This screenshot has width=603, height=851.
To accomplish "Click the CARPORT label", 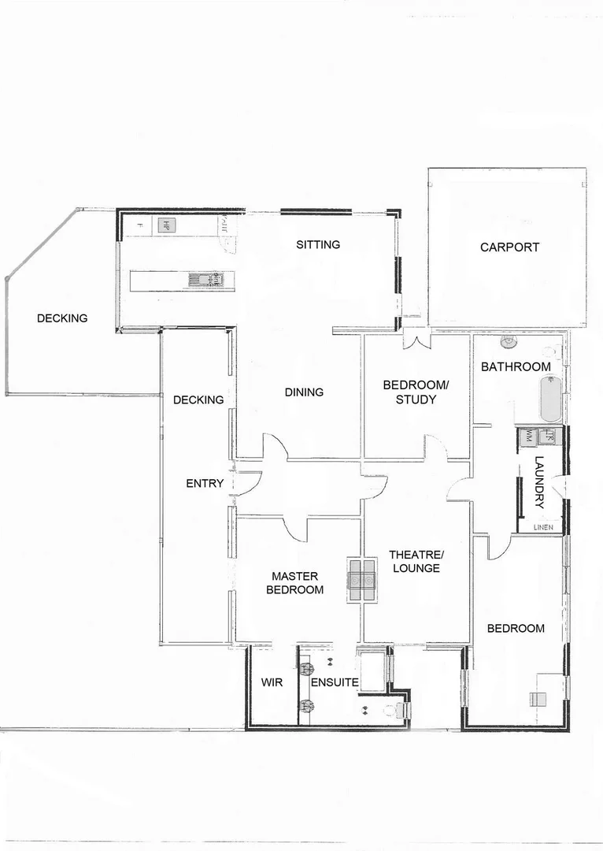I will click(x=509, y=247).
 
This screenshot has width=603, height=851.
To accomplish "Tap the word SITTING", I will click(x=318, y=244).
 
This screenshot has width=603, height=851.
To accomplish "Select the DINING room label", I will click(x=304, y=392).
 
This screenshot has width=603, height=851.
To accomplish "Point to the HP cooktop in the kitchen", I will click(x=166, y=225).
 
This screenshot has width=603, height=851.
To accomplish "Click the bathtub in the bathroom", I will click(x=550, y=400).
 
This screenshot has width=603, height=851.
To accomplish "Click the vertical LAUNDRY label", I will click(x=539, y=481).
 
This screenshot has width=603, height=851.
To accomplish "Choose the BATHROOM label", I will click(x=516, y=366).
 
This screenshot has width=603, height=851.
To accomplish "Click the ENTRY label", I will click(x=205, y=483).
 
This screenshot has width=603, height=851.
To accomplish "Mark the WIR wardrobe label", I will click(x=272, y=682).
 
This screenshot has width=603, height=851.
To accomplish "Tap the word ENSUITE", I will click(x=335, y=682).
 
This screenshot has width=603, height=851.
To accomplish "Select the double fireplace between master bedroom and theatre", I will click(x=362, y=581).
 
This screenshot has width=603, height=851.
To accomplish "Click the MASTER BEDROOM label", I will click(x=294, y=582).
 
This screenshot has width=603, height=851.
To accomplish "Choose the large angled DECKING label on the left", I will click(x=62, y=318).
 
